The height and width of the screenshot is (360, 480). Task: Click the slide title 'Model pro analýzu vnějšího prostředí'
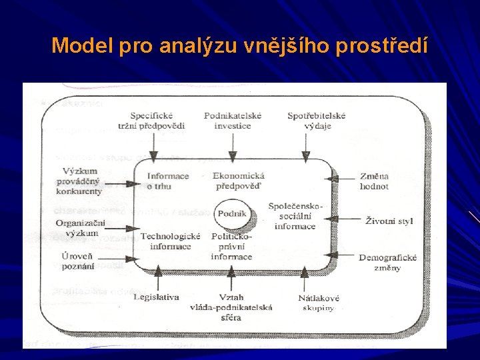(239, 45)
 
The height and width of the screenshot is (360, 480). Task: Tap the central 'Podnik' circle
(232, 214)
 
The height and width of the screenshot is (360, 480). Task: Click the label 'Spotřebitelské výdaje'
(316, 120)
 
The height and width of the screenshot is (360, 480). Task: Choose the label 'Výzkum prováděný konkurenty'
(79, 181)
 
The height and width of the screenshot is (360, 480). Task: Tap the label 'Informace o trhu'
(168, 181)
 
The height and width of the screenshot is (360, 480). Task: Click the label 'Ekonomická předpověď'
(235, 181)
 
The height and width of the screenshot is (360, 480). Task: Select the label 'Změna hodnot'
(374, 181)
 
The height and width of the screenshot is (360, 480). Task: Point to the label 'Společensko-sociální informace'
(295, 216)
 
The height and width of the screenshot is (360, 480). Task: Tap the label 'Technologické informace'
(170, 241)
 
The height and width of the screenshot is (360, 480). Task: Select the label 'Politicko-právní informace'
(231, 246)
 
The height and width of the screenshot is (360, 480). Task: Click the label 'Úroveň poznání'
(77, 261)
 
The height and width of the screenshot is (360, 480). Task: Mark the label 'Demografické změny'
(387, 262)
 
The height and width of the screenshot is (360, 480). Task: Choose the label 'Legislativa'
(157, 297)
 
